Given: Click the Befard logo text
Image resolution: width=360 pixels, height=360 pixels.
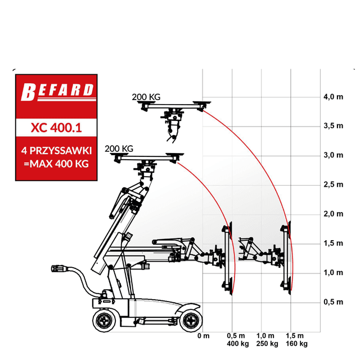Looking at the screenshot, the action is click(x=57, y=92).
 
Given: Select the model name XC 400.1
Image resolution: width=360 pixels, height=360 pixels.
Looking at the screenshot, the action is click(x=56, y=128).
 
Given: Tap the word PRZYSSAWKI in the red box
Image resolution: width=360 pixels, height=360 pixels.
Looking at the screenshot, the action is click(x=61, y=151).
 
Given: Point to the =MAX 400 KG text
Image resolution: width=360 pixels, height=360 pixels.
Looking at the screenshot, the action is click(x=56, y=164).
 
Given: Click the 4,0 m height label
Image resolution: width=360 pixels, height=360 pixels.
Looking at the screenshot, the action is click(x=334, y=97).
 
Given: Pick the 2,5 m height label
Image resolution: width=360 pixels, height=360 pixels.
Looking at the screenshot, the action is click(x=334, y=184).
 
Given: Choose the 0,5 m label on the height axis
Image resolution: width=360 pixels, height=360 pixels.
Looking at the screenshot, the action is click(x=334, y=302).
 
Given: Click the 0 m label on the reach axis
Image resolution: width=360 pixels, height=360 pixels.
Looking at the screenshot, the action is click(x=204, y=336).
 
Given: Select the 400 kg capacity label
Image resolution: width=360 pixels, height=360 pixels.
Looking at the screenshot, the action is click(x=238, y=344).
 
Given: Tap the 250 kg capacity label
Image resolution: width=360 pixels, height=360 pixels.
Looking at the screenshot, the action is click(x=267, y=344).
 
